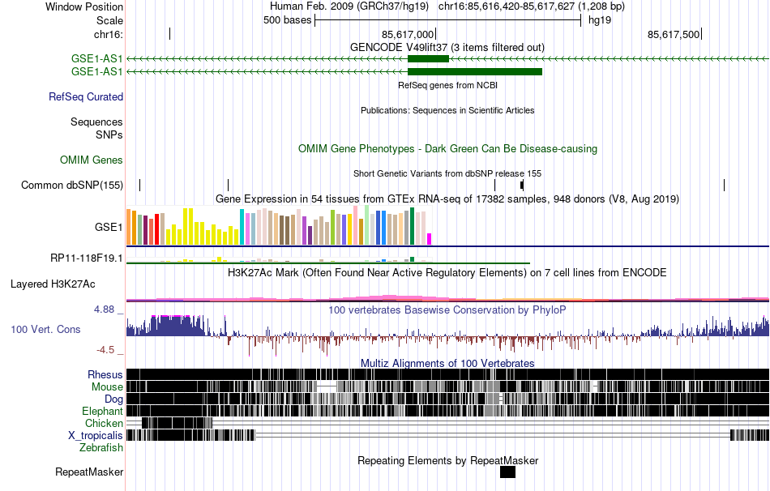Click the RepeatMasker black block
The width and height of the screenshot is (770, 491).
(507, 472)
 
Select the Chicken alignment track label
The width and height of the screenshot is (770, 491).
(104, 423)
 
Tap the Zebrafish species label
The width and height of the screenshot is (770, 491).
(101, 447)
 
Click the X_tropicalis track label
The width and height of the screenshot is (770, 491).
(95, 435)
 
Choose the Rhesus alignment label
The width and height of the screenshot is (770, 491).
(105, 374)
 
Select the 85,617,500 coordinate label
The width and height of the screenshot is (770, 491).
(674, 34)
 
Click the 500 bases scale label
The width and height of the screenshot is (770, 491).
(288, 20)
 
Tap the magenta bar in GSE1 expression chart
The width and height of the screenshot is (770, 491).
(430, 238)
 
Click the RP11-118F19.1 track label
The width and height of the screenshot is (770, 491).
(86, 258)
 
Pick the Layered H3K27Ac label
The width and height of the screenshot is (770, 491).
(53, 284)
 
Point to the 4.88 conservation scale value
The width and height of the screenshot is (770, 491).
(106, 310)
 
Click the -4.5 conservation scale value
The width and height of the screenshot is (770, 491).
(107, 350)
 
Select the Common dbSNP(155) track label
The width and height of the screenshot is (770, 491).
(72, 185)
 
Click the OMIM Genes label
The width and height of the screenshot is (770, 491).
(92, 160)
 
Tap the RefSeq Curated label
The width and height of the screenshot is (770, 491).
(86, 96)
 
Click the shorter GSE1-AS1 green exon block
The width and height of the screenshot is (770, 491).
(428, 58)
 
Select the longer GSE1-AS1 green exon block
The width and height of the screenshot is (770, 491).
(474, 71)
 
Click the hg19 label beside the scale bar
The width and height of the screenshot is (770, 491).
(600, 20)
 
